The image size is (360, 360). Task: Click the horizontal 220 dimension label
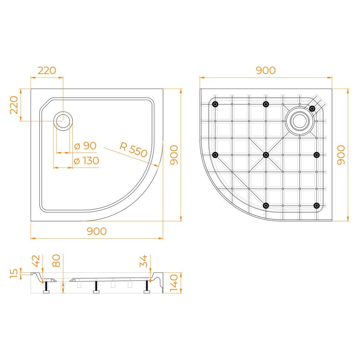pyautogui.click(x=47, y=71)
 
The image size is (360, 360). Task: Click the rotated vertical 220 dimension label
pyautogui.click(x=14, y=105)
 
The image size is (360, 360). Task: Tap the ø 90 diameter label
pyautogui.click(x=85, y=146)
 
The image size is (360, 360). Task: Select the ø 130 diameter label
pyautogui.click(x=86, y=161)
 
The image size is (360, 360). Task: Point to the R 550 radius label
pyautogui.click(x=133, y=150)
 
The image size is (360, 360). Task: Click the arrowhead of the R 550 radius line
pyautogui.click(x=157, y=165)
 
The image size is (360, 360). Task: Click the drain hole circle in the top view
pyautogui.click(x=63, y=121)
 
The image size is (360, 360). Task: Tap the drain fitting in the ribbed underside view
pyautogui.click(x=300, y=121)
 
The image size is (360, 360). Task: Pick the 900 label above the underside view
pyautogui.click(x=266, y=71)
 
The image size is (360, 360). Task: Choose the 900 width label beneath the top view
pyautogui.click(x=97, y=231)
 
